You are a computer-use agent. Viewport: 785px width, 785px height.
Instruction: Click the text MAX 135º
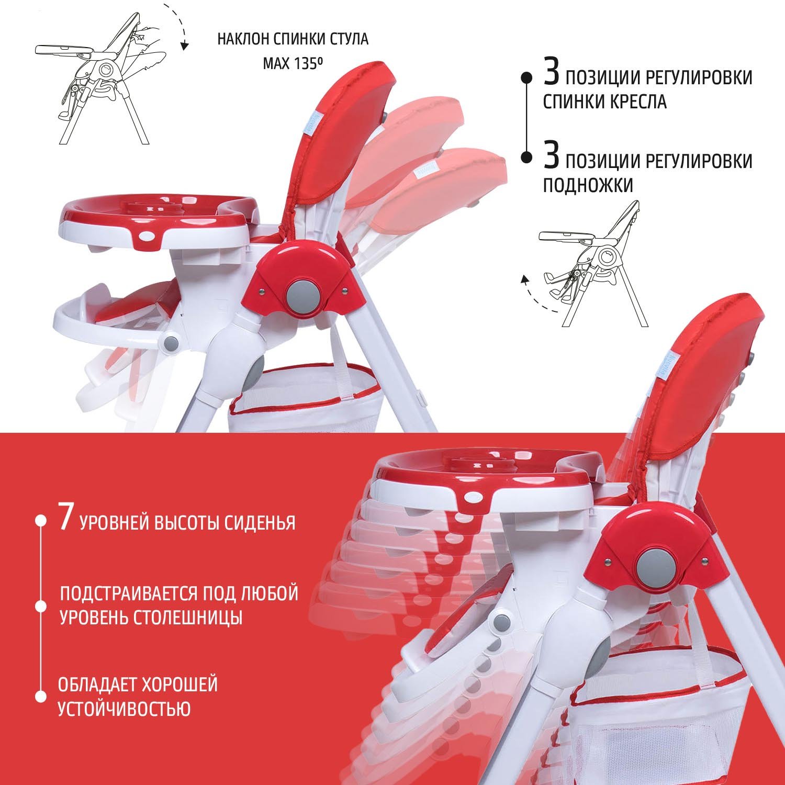click(292, 64)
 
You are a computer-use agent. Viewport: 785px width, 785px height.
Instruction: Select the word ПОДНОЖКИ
click(588, 185)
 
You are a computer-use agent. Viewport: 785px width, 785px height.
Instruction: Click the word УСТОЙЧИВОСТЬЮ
click(124, 709)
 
